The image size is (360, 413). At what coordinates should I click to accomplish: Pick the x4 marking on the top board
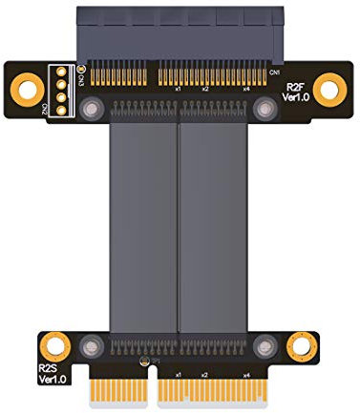click(245, 88)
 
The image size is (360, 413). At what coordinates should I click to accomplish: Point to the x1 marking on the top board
click(178, 88)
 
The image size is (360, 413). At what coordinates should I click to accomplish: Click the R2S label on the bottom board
click(48, 366)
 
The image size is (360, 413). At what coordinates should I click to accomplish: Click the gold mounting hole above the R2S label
click(55, 343)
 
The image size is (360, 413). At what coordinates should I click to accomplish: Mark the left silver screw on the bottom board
click(92, 344)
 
